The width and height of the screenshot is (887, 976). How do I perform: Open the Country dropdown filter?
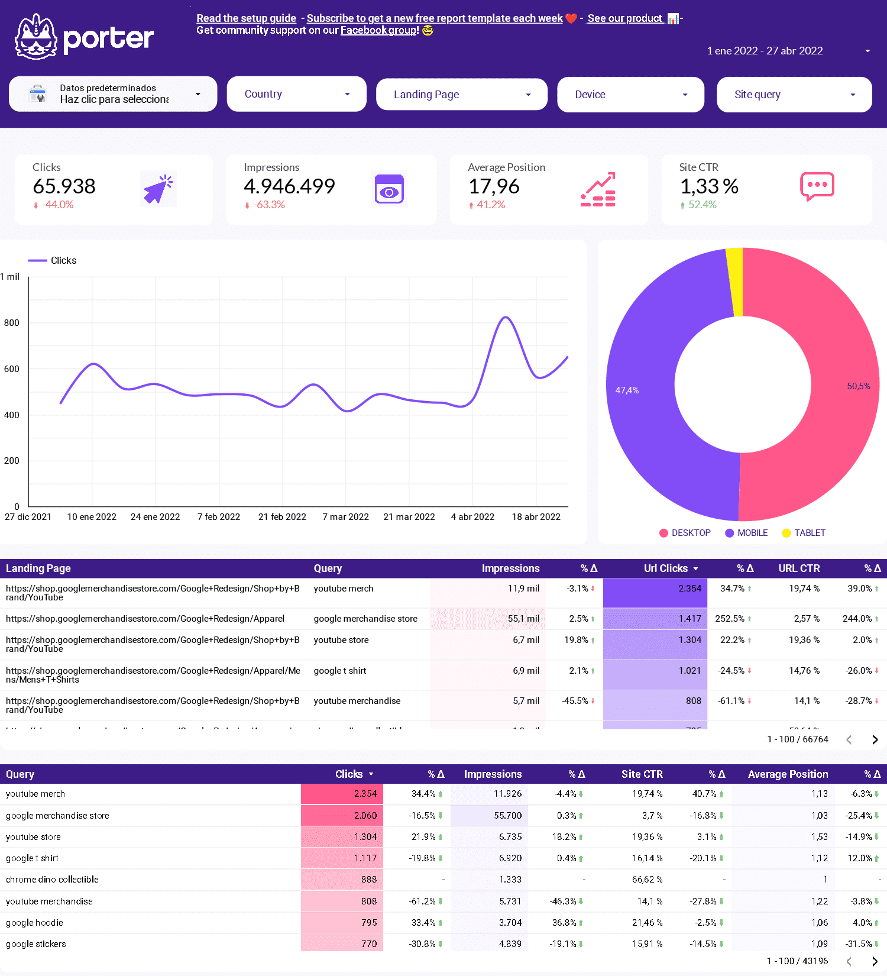pyautogui.click(x=296, y=94)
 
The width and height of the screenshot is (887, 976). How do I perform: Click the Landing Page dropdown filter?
pyautogui.click(x=461, y=95)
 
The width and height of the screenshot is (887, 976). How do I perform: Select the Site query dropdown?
pyautogui.click(x=794, y=95)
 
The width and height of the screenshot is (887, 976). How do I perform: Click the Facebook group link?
pyautogui.click(x=378, y=30)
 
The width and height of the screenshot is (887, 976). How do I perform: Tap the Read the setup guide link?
pyautogui.click(x=246, y=18)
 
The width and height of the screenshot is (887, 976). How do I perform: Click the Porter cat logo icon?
pyautogui.click(x=36, y=37)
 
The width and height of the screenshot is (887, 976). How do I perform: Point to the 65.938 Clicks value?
pyautogui.click(x=64, y=186)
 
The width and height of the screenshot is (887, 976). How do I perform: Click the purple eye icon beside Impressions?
pyautogui.click(x=389, y=189)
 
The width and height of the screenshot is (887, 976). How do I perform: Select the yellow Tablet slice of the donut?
pyautogui.click(x=734, y=282)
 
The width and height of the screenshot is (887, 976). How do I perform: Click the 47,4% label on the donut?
pyautogui.click(x=627, y=390)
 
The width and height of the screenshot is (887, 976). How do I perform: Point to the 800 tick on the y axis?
pyautogui.click(x=12, y=323)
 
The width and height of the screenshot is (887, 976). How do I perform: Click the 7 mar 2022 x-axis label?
pyautogui.click(x=345, y=517)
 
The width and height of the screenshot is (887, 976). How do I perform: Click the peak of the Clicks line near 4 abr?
pyautogui.click(x=504, y=318)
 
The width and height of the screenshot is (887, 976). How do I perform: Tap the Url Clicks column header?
pyautogui.click(x=666, y=568)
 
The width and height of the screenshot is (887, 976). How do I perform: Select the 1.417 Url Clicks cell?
pyautogui.click(x=655, y=619)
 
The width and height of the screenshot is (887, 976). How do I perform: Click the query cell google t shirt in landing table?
pyautogui.click(x=340, y=671)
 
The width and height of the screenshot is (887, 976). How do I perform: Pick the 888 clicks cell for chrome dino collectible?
pyautogui.click(x=342, y=880)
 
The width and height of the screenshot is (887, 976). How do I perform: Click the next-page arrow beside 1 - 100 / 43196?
pyautogui.click(x=875, y=961)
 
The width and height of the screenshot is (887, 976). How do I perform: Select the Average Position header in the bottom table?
pyautogui.click(x=788, y=774)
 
